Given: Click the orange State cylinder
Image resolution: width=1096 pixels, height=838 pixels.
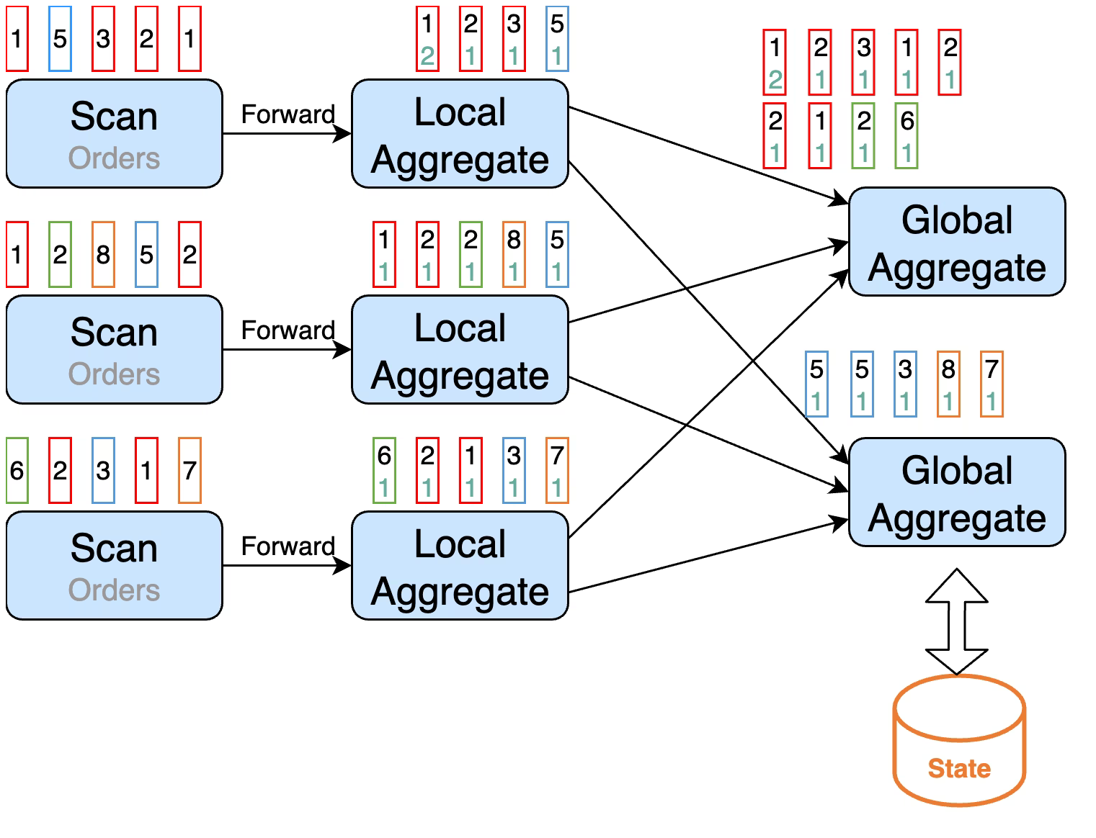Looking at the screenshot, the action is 958,740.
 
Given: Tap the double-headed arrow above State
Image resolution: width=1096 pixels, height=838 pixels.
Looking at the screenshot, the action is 957,621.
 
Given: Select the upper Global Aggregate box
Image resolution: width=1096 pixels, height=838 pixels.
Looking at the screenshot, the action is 957,241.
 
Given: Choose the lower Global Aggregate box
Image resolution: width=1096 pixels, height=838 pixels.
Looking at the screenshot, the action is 957,492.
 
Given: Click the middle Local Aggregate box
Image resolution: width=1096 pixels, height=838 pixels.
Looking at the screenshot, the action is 460,350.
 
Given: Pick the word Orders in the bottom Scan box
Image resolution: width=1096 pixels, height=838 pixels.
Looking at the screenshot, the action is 114,590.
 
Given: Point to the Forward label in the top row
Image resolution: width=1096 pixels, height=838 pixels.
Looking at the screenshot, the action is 288,114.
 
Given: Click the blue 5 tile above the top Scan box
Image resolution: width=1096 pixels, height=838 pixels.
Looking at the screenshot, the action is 60,39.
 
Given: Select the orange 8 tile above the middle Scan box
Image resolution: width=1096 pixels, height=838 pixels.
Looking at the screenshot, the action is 103,254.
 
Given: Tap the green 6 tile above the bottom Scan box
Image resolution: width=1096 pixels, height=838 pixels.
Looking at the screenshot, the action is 17,470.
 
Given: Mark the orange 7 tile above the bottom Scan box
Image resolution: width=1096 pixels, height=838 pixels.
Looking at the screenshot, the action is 190,470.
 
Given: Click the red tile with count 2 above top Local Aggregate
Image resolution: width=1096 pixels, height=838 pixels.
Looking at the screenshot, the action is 427,39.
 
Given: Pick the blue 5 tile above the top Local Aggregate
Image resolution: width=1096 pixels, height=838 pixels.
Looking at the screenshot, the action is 557,39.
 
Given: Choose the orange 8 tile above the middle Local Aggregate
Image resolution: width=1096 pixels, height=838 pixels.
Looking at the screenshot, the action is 514,254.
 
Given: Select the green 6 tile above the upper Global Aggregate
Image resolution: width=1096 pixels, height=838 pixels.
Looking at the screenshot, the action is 906,135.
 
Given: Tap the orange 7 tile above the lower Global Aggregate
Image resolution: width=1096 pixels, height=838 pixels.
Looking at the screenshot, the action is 992,384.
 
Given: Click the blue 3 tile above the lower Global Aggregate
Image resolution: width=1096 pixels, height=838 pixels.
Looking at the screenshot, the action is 905,384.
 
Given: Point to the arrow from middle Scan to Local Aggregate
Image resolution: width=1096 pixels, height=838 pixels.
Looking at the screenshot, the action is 287,350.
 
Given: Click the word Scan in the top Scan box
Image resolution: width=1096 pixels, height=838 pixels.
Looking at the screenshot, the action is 114,116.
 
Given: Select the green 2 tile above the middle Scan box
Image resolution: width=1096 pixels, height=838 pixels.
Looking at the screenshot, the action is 60,254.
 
